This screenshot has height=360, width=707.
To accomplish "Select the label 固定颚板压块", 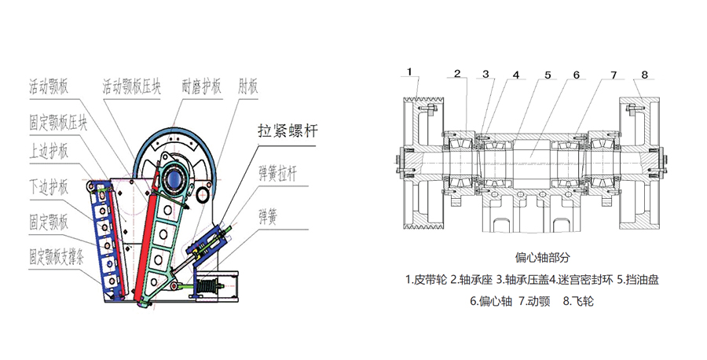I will coord(58,120).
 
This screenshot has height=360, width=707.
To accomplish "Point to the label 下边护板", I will coord(49,186).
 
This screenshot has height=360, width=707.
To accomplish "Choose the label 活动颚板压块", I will coord(132,85).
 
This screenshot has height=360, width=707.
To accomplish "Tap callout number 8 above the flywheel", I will coord(644,75).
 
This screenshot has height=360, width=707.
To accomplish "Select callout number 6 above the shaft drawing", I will coord(576,75).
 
